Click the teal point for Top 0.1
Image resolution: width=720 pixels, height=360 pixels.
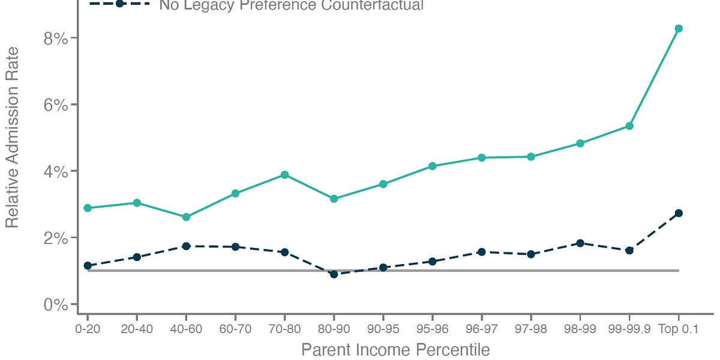679,29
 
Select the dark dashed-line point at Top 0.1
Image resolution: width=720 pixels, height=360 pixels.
679,213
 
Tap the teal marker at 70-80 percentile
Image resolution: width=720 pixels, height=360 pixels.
284,175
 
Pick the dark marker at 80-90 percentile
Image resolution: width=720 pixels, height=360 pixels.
334,274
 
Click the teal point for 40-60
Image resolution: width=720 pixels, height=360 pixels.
186,217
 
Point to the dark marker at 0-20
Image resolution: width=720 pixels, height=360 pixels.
88,265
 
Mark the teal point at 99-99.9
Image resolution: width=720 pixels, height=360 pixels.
629,126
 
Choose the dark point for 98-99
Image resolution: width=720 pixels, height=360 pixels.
580,243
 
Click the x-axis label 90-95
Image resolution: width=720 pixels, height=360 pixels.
383,329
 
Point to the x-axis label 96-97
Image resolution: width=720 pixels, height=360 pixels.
481,329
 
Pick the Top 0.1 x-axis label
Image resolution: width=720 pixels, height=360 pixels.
679,329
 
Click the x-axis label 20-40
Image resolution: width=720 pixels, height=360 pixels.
137,329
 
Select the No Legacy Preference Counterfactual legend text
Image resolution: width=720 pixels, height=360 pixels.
291,6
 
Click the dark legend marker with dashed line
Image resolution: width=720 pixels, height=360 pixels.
119,4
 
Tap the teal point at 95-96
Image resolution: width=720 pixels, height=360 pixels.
432,166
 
